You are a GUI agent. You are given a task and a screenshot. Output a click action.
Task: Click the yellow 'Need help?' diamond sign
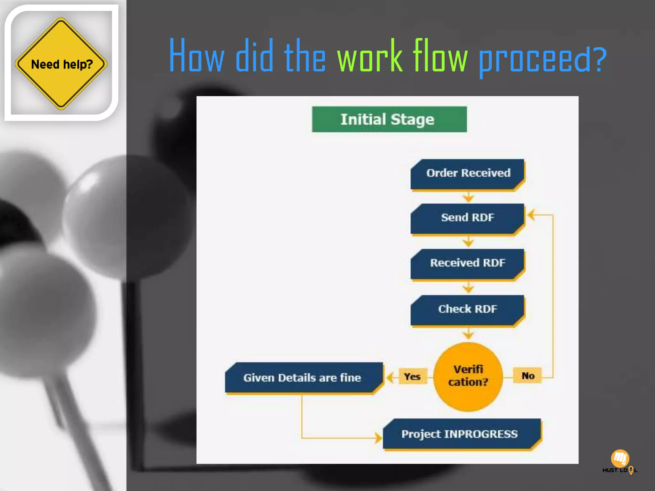61,64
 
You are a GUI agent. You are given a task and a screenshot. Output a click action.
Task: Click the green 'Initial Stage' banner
389,119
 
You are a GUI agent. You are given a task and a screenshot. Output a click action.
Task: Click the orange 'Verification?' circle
468,376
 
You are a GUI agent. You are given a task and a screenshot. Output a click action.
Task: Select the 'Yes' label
412,377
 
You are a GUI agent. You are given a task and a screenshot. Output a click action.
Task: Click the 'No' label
528,376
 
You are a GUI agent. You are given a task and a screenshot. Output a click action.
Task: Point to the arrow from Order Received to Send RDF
468,197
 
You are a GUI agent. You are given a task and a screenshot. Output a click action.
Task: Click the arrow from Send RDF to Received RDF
468,242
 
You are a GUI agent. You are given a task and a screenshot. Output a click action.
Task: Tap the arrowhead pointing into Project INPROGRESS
378,438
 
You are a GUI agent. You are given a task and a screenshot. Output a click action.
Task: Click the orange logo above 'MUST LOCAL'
620,458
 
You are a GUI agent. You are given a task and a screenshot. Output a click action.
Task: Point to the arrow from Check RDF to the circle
468,334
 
